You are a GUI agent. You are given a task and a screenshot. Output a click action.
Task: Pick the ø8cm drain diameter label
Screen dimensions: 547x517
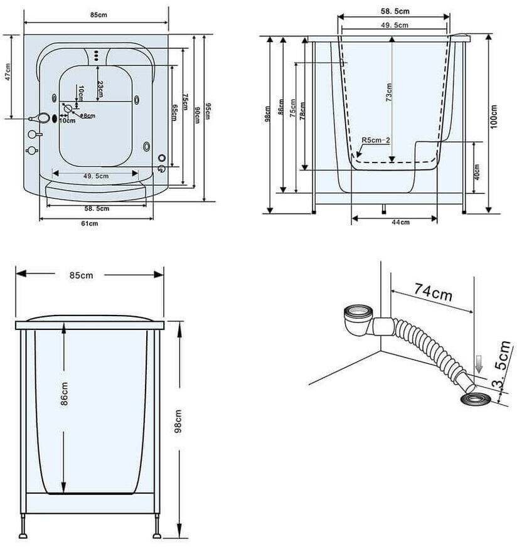point(88,115)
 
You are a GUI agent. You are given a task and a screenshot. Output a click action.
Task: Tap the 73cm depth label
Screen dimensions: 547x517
point(389,93)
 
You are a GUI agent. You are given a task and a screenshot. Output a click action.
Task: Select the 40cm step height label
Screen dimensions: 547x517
point(477,171)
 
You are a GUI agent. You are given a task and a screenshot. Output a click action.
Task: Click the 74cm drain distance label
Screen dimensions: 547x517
point(434,292)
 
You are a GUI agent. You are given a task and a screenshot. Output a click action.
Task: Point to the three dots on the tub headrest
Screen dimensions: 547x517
point(96,55)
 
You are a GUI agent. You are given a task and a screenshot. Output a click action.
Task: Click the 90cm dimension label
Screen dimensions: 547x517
point(197,110)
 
